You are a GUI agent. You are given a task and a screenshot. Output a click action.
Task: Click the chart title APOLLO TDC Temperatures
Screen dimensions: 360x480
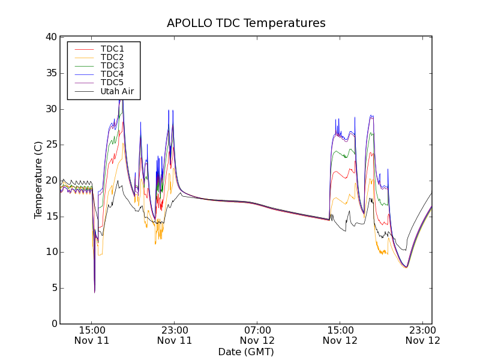246,23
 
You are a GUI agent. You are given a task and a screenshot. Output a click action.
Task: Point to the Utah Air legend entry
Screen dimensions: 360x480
117,92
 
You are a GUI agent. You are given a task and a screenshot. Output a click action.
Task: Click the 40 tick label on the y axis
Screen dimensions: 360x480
51,37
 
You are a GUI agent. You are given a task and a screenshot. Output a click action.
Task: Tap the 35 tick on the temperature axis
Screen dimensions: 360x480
51,73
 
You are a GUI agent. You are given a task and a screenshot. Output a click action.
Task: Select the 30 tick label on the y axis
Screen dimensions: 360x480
51,109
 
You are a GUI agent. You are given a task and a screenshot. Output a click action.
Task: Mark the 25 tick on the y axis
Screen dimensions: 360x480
51,145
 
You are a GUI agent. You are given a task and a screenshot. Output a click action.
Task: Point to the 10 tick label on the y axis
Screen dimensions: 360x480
51,252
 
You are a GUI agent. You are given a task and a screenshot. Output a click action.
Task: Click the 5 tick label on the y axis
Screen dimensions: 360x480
54,288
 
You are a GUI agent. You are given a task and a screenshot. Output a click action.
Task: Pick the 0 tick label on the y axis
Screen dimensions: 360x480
54,324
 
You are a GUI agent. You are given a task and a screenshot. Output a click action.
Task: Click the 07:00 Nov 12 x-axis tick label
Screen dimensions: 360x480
257,335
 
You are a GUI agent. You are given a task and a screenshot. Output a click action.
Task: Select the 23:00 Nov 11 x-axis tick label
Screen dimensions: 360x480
175,335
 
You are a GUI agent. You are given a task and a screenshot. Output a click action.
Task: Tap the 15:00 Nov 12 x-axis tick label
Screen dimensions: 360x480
340,335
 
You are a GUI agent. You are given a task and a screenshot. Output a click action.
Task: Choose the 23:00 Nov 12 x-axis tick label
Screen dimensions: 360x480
423,335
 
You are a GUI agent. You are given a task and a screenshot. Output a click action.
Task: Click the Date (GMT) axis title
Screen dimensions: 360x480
246,352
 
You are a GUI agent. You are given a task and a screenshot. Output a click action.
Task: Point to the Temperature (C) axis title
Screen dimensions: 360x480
38,180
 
